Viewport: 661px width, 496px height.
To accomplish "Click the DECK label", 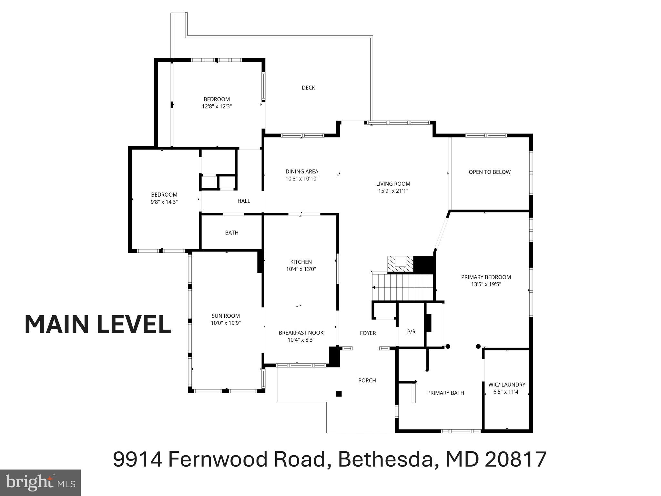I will point(308,88).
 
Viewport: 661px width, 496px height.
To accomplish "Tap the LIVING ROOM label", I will point(393,184).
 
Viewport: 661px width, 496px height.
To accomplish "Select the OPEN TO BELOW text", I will point(489,172).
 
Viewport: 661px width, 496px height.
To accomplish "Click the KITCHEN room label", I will point(301,262).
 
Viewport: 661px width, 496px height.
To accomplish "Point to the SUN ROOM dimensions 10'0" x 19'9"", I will point(226,323).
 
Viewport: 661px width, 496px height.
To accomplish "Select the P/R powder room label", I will point(411,331).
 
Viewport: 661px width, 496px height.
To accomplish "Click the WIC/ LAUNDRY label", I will point(506,385).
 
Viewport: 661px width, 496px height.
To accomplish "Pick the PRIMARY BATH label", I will point(445,393).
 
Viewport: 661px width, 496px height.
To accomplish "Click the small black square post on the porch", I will point(339,394).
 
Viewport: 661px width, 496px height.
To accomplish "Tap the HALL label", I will point(244,201).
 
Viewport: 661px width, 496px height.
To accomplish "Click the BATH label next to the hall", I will point(232,232).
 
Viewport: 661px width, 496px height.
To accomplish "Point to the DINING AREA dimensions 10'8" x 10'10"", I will point(302,179).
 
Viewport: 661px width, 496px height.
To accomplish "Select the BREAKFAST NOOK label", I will point(301,333).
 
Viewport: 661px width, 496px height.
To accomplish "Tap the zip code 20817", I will point(515,459).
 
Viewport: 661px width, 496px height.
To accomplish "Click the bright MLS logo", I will point(40,483).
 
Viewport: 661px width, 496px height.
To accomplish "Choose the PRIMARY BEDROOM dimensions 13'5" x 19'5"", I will point(486,284).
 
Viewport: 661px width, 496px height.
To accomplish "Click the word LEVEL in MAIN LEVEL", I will point(134,325).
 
